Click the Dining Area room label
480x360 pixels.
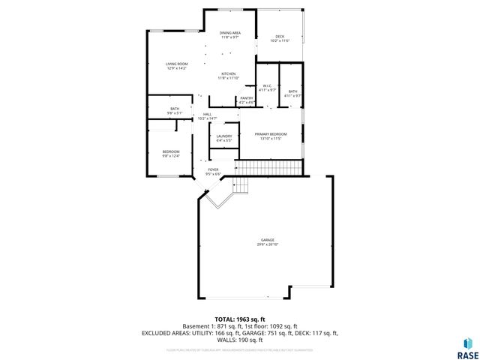(x=229, y=33)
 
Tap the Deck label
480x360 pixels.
(x=279, y=37)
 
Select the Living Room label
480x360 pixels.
(x=176, y=64)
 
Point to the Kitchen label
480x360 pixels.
(x=228, y=73)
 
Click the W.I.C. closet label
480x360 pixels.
(x=266, y=85)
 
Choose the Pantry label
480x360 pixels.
(x=247, y=98)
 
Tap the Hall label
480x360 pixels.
(x=207, y=114)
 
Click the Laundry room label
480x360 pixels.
(x=224, y=136)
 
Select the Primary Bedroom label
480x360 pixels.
(x=270, y=134)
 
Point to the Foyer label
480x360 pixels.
(x=214, y=169)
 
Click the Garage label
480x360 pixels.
(x=268, y=240)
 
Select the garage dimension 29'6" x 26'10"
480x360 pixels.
(x=268, y=244)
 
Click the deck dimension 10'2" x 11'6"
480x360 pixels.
(x=279, y=41)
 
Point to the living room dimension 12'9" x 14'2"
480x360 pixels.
(x=176, y=68)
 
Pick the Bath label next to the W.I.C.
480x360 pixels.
(x=292, y=91)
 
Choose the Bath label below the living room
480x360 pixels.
(x=175, y=109)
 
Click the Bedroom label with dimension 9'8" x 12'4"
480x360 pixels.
(x=172, y=152)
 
